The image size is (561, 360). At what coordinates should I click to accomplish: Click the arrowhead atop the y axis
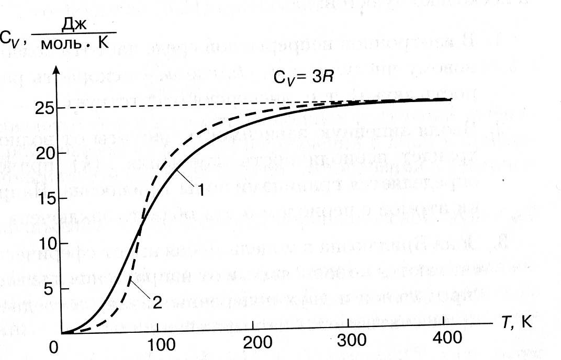(x=61, y=71)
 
